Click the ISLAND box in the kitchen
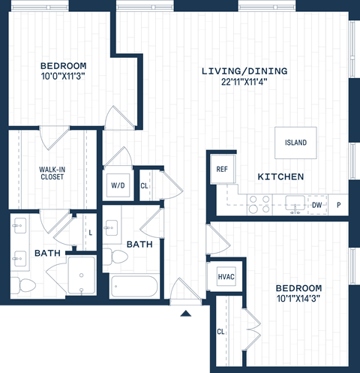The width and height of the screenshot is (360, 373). point(295,143)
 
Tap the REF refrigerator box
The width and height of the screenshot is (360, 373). point(222,170)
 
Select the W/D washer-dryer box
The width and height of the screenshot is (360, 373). point(118,185)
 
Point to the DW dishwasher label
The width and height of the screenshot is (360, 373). point(316,204)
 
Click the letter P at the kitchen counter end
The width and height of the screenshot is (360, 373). point(339,204)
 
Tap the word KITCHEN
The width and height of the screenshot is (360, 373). point(280,177)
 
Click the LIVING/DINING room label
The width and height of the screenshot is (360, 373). point(244,71)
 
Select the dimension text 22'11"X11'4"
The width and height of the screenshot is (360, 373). point(244,83)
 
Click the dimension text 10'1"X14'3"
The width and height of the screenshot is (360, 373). point(298,300)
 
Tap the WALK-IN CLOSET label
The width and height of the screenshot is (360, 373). point(51,174)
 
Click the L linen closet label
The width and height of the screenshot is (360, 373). point(90,233)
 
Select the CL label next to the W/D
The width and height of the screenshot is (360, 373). point(144,185)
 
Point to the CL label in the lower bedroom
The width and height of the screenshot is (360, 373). point(221,331)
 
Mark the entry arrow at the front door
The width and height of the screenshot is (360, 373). point(185,313)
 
